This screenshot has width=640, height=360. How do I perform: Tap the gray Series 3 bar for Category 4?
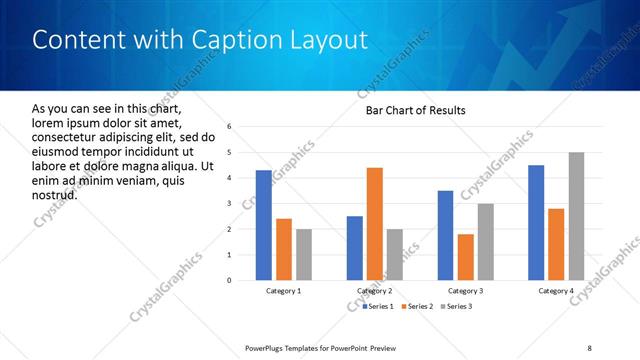click(x=577, y=216)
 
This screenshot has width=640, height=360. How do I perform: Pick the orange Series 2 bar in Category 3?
click(x=466, y=257)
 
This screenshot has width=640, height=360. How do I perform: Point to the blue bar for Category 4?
click(x=536, y=222)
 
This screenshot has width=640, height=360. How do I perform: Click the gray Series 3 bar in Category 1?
click(x=304, y=254)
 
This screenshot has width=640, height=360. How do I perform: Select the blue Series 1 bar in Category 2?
click(x=355, y=248)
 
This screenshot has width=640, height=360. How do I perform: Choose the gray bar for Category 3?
click(x=486, y=242)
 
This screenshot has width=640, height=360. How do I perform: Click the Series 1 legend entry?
click(x=377, y=305)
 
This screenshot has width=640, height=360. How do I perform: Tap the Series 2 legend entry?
click(x=418, y=305)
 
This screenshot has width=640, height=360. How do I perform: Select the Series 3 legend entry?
click(x=456, y=305)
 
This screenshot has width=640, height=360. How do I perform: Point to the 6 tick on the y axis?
click(x=230, y=127)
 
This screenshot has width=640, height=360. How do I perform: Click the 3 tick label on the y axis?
click(x=230, y=204)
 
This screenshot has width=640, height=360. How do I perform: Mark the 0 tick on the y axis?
click(x=230, y=280)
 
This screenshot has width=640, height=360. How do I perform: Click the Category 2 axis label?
click(x=374, y=291)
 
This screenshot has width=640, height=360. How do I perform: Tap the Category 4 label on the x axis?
click(x=556, y=291)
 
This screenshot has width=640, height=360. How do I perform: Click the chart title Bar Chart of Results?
click(x=416, y=109)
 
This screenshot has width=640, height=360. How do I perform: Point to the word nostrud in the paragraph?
click(x=55, y=194)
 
